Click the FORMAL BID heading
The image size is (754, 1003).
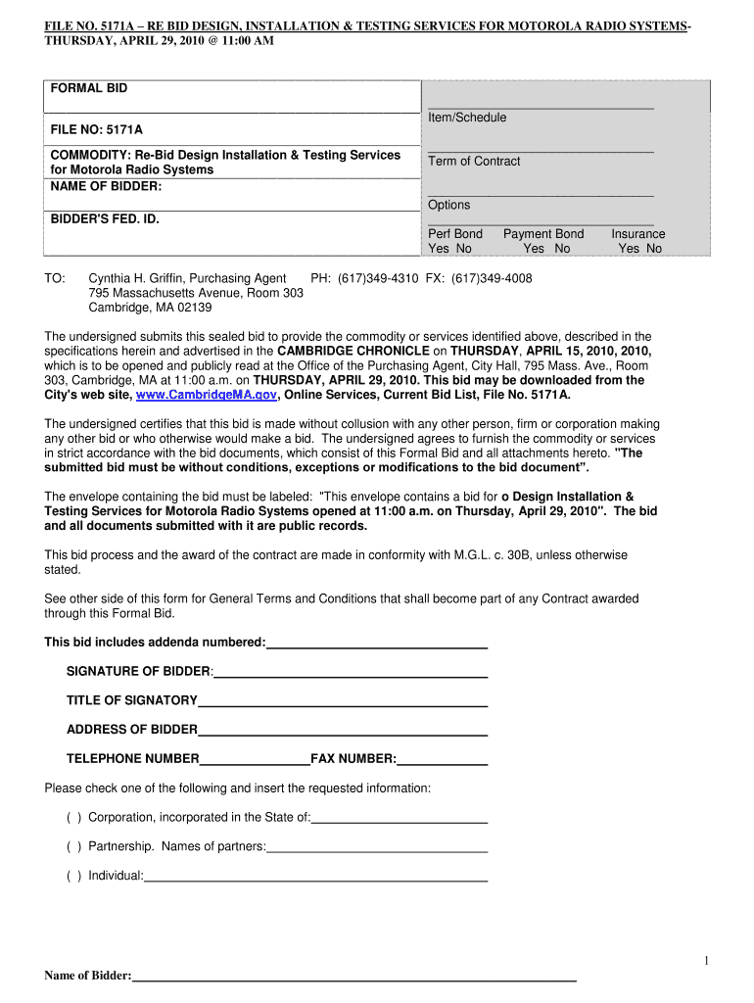click(89, 89)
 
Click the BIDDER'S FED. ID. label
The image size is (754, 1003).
click(105, 218)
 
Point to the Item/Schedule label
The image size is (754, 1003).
click(467, 118)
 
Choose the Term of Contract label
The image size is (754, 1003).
click(474, 162)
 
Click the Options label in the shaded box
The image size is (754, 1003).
click(448, 205)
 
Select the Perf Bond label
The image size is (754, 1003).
click(455, 234)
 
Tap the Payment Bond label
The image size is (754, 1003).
click(543, 234)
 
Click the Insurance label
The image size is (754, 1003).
click(637, 234)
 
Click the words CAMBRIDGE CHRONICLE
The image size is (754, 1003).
click(353, 351)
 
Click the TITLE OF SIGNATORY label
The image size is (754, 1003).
click(132, 700)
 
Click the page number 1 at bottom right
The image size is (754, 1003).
click(705, 960)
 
